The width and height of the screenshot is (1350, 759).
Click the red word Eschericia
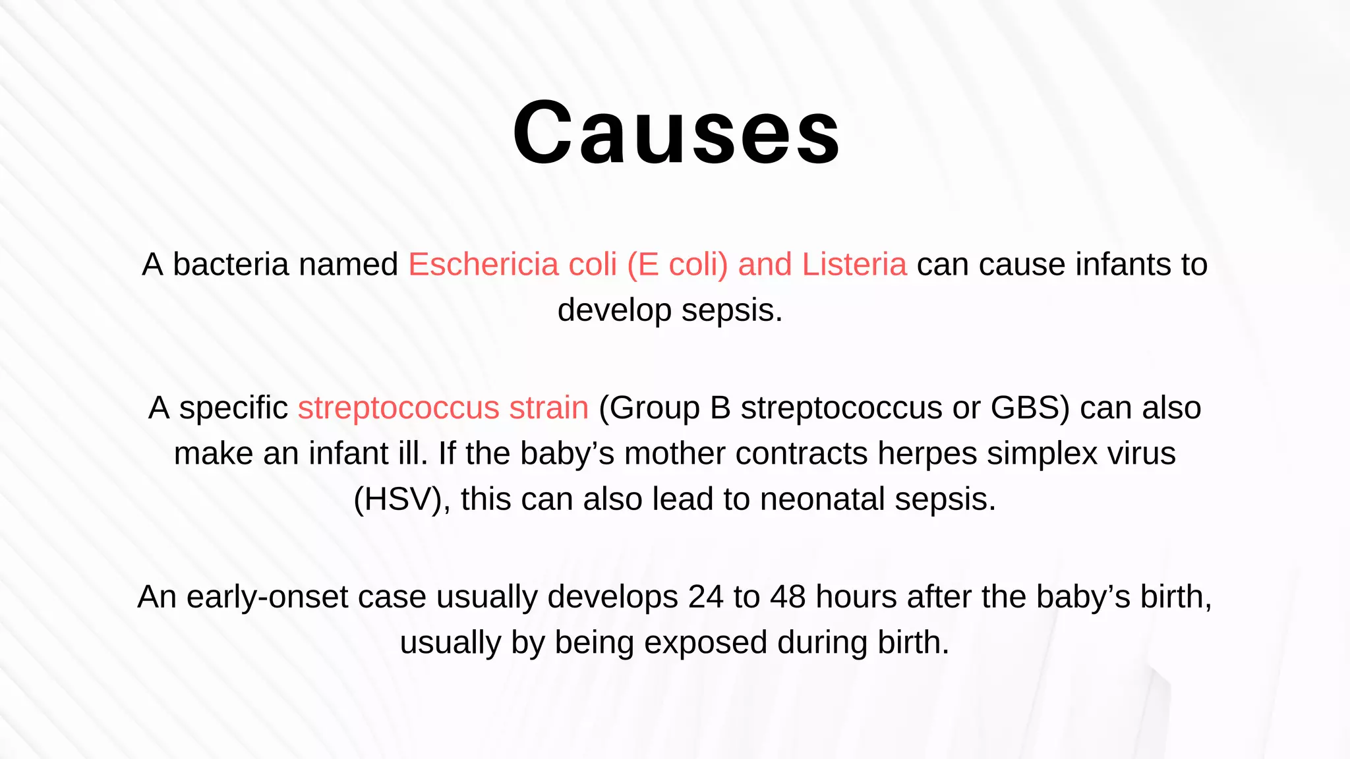(483, 265)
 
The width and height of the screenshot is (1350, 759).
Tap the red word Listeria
(854, 265)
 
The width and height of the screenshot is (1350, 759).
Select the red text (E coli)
(678, 265)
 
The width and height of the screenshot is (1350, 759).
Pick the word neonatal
(822, 499)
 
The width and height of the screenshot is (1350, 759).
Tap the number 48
(788, 597)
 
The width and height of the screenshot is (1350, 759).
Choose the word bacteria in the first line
(231, 265)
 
